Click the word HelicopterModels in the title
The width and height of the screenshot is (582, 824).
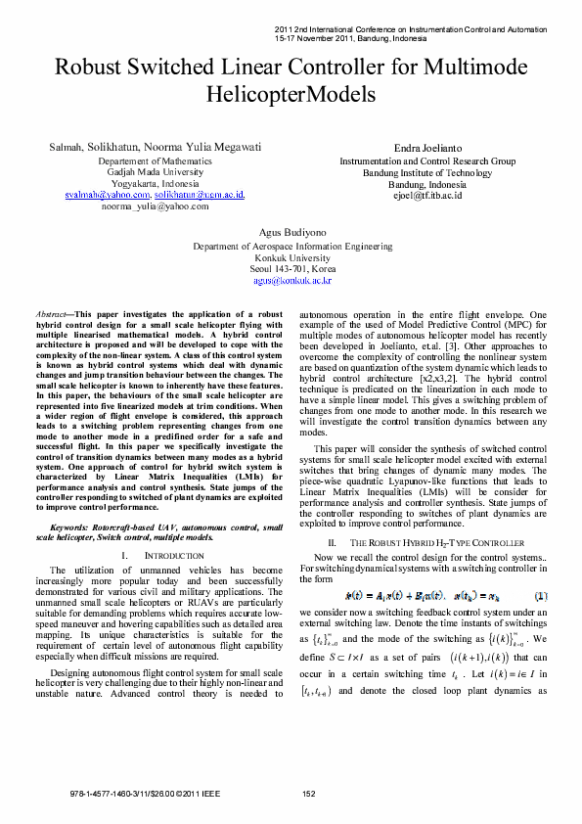[x=291, y=94]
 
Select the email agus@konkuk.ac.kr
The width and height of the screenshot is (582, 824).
[x=292, y=280]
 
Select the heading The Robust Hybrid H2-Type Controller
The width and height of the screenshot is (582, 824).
[x=431, y=541]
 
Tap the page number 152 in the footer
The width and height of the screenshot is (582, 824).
[x=309, y=794]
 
